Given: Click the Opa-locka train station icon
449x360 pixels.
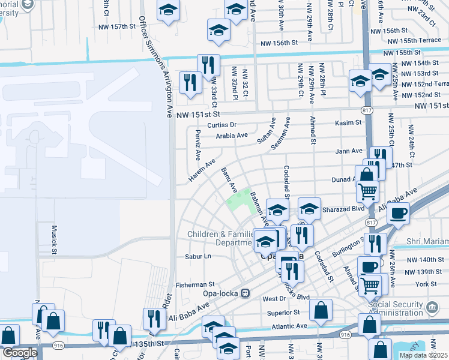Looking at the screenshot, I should [245, 293].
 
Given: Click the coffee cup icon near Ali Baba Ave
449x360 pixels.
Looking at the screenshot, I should [399, 213].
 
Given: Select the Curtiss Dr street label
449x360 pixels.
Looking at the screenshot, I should [223, 125].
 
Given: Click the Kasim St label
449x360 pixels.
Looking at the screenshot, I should [348, 122].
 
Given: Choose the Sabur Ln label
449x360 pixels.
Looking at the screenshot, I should [200, 256].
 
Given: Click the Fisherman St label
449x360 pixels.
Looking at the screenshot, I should [195, 284].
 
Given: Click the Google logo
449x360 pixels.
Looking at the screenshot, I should [19, 353].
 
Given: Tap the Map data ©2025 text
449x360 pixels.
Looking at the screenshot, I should [424, 355].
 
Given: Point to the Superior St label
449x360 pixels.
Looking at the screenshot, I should [283, 313].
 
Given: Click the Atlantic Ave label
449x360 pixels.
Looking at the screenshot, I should [289, 326].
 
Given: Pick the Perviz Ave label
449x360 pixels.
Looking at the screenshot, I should [196, 145].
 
